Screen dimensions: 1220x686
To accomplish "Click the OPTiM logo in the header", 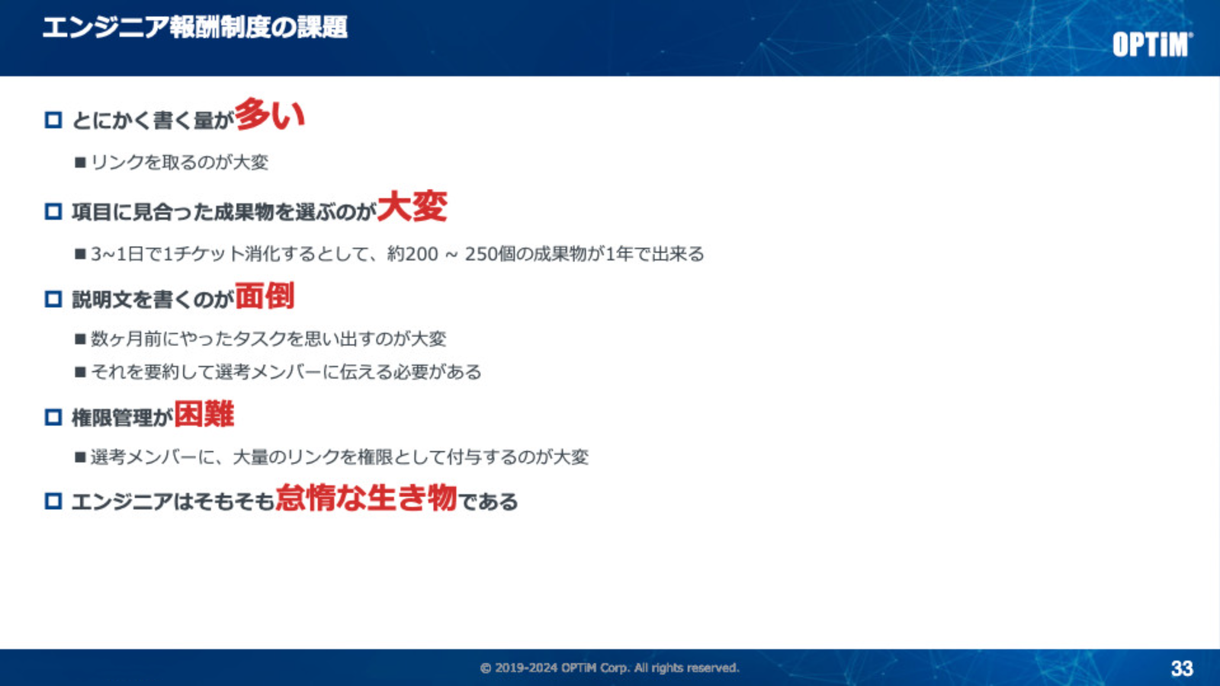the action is point(1152,44).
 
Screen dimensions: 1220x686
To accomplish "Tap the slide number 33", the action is point(1182,668).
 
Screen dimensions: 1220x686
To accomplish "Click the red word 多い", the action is point(270,115).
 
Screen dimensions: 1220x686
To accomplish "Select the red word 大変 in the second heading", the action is point(412,207).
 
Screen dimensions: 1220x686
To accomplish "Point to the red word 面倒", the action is point(265,296).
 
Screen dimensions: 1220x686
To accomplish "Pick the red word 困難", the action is point(204,414).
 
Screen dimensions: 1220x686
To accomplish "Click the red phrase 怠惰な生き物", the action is point(366,498).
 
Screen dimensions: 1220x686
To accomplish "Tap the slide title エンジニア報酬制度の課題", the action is point(195,27).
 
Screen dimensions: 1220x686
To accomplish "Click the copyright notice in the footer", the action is point(609,668).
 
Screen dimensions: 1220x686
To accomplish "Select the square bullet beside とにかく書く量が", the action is point(53,120).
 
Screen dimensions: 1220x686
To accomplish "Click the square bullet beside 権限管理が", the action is point(53,418).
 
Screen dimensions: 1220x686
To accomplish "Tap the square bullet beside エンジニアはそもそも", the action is point(53,501).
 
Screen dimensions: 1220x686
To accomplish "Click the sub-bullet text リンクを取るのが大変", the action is point(180,162).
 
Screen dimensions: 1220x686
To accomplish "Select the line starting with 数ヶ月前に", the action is point(268,339).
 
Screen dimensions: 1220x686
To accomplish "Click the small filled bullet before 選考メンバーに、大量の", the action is point(81,457).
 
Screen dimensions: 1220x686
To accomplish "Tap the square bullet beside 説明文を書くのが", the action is point(53,299).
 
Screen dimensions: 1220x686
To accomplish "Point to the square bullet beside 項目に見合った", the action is point(53,211).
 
